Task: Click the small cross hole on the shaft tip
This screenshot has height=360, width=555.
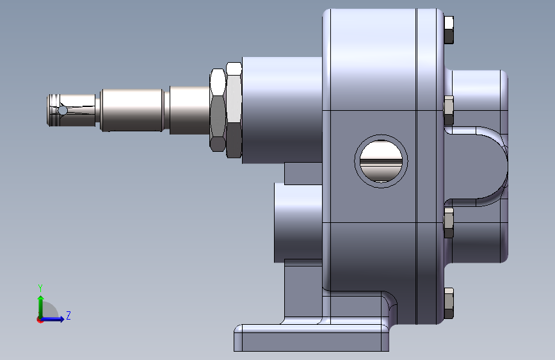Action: pos(62,111)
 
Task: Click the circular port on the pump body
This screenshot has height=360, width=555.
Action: pos(381,161)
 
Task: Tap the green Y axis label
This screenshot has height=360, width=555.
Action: pos(40,288)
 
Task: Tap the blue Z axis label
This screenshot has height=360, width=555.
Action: pos(68,315)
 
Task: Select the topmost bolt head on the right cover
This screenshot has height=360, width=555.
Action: pos(449,29)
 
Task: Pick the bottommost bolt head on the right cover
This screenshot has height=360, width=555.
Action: pos(449,303)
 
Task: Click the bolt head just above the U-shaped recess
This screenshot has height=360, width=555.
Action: pos(449,110)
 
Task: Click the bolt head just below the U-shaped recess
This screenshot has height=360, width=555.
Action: pos(449,222)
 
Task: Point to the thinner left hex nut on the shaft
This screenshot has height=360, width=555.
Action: pos(218,110)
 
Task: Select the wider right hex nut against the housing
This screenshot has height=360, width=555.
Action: pos(234,110)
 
